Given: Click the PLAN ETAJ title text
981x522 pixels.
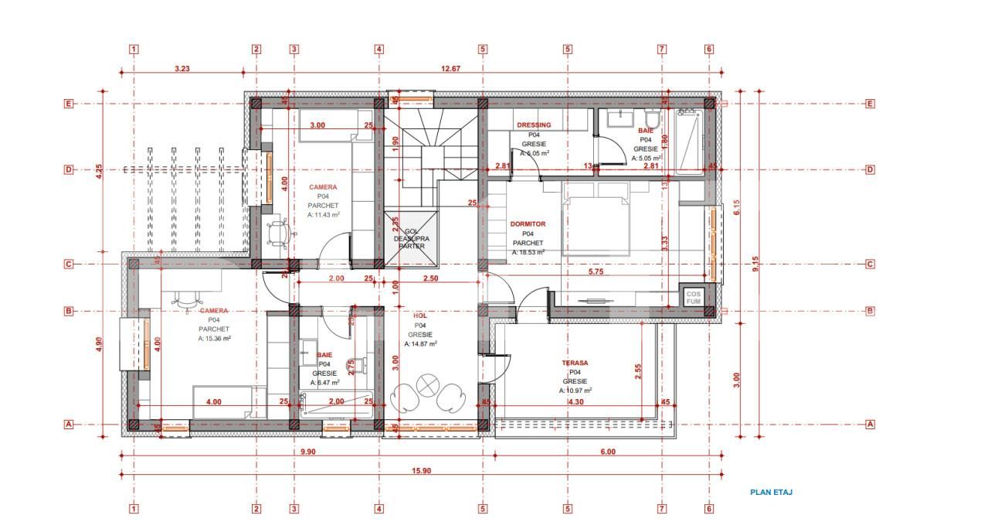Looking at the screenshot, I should point(771,492).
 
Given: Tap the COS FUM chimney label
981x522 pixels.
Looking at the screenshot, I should point(692,298).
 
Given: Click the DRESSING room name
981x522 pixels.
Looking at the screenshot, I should point(534,125).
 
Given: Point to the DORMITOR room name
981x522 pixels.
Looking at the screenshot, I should point(528,224).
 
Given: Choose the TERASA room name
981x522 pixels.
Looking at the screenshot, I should point(574,363).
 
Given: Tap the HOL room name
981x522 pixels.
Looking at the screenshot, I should point(420,316).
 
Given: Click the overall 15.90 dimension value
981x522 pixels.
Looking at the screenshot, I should point(421,471).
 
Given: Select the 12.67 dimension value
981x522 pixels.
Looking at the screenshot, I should point(450,69).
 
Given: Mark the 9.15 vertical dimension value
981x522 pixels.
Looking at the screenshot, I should point(756,264).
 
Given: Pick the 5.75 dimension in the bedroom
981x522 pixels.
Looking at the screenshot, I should point(596,272).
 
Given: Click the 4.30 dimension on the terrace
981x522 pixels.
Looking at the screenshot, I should point(575,402).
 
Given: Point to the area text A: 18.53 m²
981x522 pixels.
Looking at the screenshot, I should point(528,252).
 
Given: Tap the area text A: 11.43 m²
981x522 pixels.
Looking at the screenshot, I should point(323,215).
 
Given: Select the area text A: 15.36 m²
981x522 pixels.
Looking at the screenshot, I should point(215,338).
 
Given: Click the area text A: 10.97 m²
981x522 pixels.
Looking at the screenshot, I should point(574,391).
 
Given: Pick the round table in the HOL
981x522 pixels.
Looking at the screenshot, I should point(426,384).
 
